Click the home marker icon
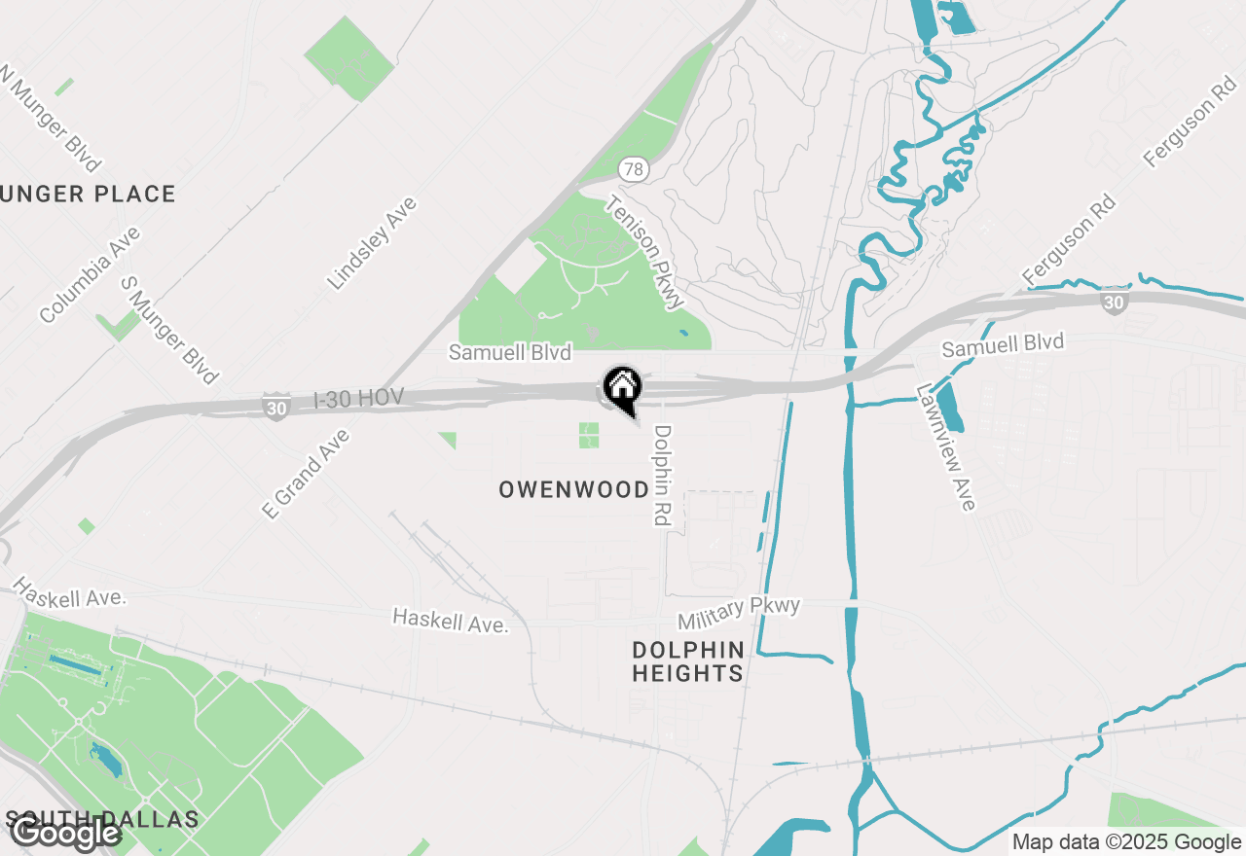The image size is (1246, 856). tap(622, 387)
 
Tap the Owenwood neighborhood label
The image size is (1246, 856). tap(573, 489)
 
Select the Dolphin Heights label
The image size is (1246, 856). tap(687, 661)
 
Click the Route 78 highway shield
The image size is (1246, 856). tap(633, 170)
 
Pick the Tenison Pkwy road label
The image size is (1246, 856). tap(643, 253)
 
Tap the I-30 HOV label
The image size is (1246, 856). tap(358, 399)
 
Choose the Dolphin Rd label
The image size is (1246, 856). tap(663, 476)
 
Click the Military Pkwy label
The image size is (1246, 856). tap(739, 613)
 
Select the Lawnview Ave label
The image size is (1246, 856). tap(945, 446)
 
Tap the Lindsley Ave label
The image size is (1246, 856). tap(372, 243)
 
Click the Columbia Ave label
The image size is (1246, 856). tap(91, 274)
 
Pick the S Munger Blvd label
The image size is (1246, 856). tap(168, 329)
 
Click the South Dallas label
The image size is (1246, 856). tap(101, 818)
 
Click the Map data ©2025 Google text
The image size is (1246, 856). tap(1126, 842)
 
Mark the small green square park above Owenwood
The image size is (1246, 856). tap(589, 435)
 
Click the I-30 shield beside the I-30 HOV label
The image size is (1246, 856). tap(276, 408)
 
